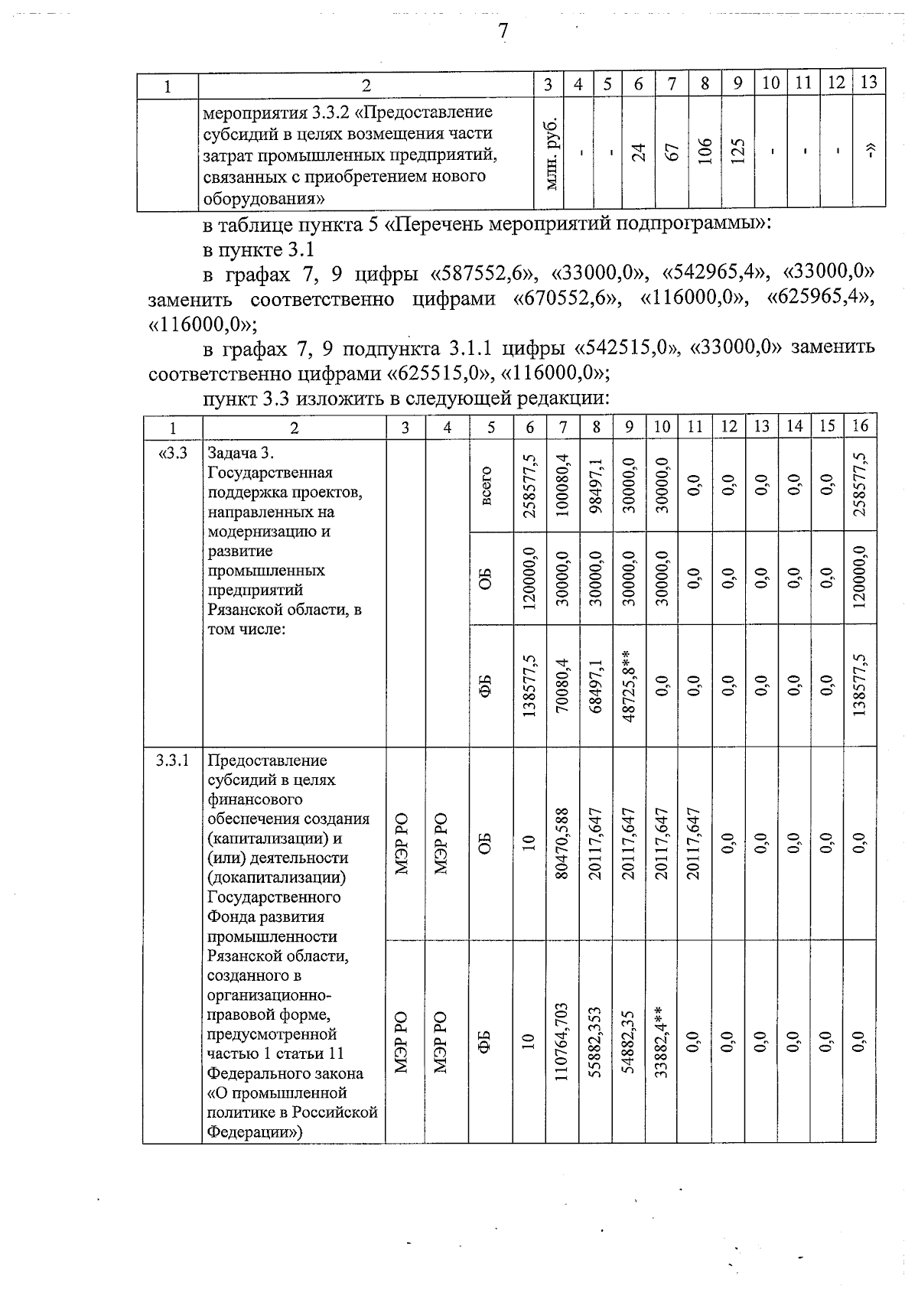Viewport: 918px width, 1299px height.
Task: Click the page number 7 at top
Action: click(503, 31)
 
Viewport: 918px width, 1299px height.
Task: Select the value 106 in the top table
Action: click(705, 153)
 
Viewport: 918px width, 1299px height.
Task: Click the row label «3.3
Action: click(173, 452)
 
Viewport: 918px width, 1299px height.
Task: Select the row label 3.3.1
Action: click(173, 760)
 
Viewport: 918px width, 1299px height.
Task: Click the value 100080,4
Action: click(563, 486)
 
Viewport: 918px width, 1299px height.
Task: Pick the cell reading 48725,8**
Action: click(629, 685)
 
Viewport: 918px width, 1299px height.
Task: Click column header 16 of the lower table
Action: click(860, 427)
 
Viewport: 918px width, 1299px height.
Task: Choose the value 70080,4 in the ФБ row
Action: click(563, 685)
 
